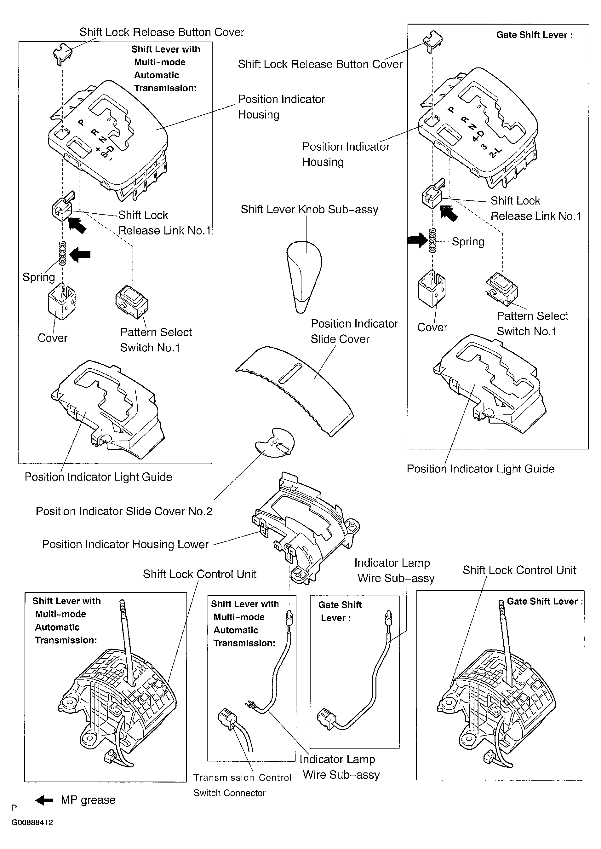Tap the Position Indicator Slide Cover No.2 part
276,442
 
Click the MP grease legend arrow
44,800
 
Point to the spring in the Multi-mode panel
63,253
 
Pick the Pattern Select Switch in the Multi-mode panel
131,302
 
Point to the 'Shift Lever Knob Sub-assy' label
309,210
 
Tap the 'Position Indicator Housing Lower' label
125,544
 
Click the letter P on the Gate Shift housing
451,110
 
